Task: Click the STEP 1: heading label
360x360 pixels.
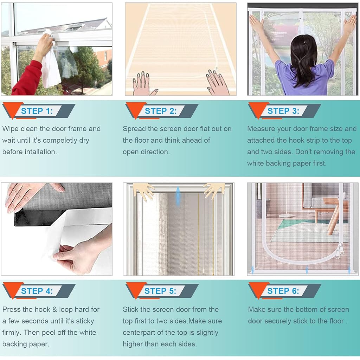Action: (37, 111)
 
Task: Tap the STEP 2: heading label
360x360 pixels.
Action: (161, 111)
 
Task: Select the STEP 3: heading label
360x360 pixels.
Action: (283, 111)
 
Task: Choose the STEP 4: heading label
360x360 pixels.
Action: (37, 291)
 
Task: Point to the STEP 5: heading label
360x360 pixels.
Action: (160, 291)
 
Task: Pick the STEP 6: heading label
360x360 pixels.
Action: (283, 291)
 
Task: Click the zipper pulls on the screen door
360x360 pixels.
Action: (339, 251)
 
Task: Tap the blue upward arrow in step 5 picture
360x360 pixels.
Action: (178, 195)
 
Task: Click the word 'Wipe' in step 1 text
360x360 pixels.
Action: (11, 129)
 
